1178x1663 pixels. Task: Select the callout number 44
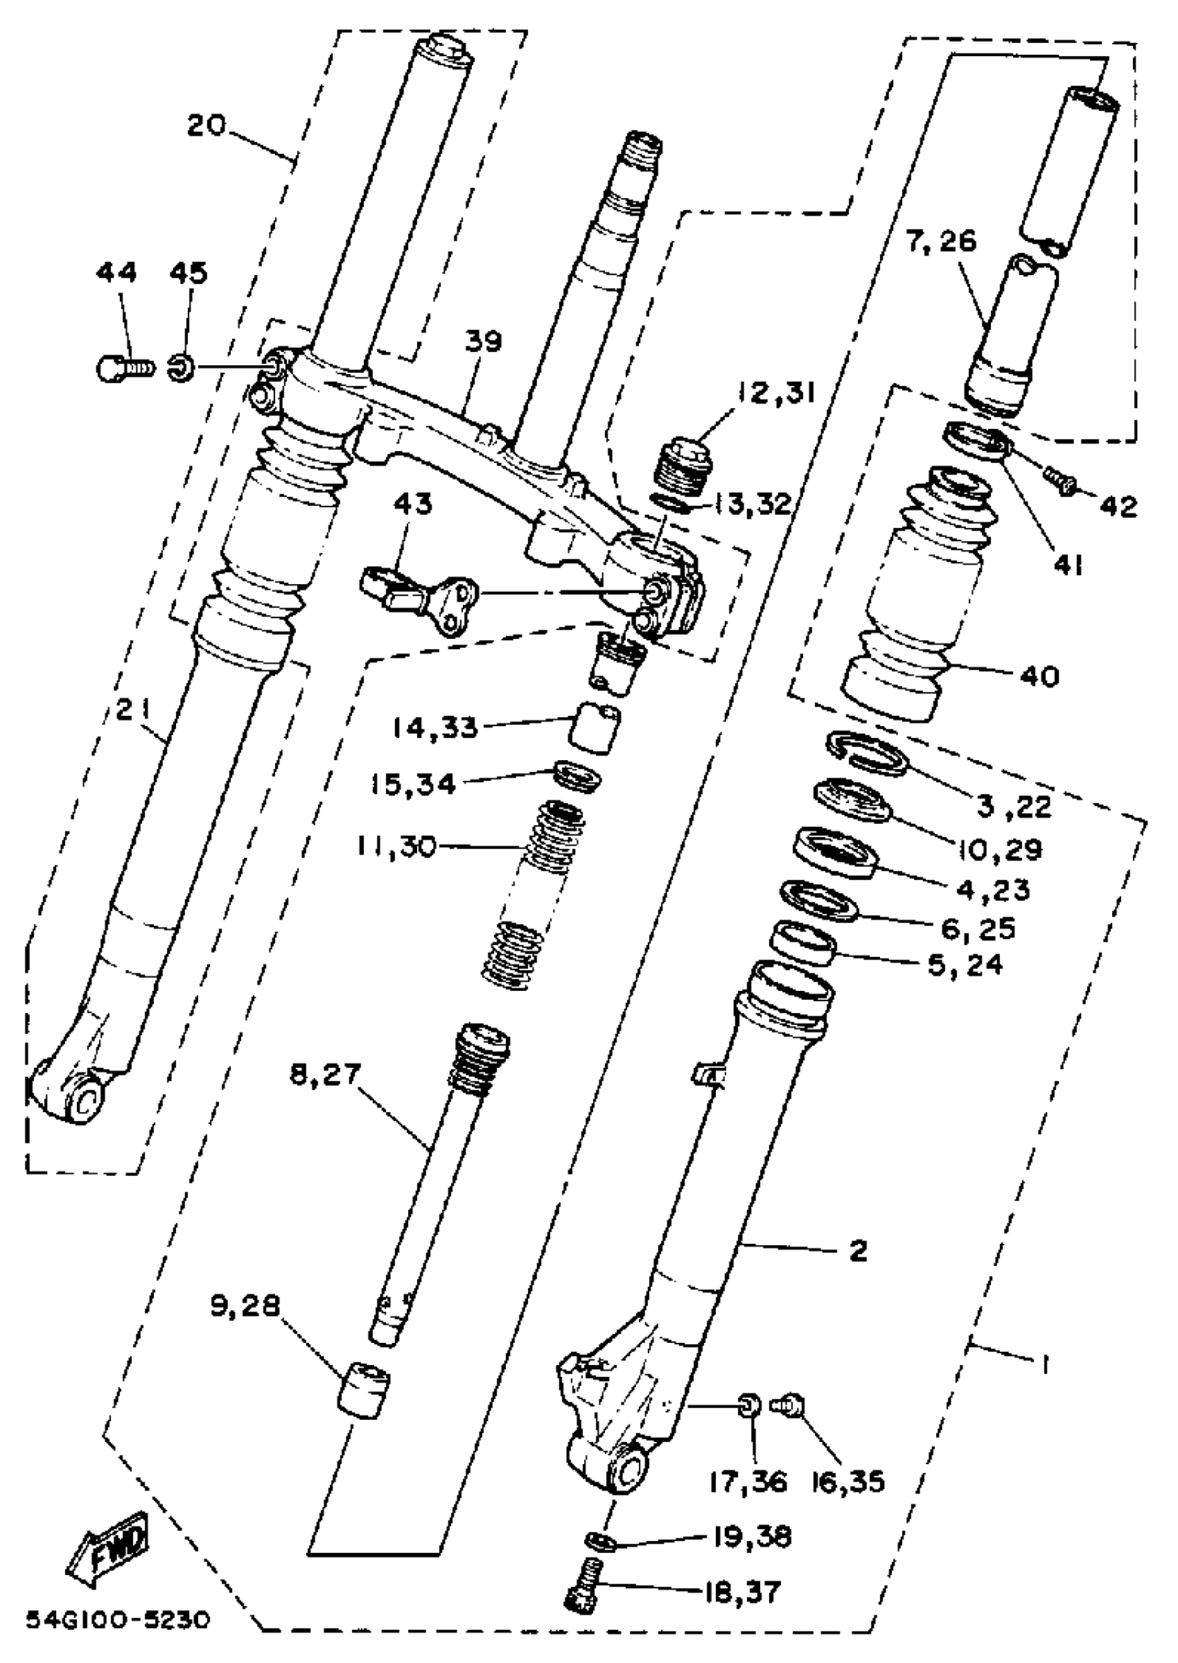[x=116, y=274]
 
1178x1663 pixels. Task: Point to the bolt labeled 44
[x=123, y=368]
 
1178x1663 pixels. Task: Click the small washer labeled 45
[x=181, y=369]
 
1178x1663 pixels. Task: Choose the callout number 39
[x=484, y=341]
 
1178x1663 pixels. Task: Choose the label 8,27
[x=325, y=1074]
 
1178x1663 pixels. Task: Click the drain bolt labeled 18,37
[x=583, y=1591]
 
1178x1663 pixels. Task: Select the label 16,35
[x=849, y=1482]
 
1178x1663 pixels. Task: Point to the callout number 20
[x=206, y=125]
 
